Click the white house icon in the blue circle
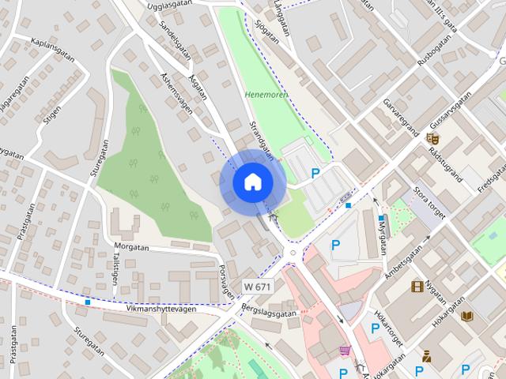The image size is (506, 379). point(252,182)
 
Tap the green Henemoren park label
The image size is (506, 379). point(266,95)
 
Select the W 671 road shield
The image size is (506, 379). point(258,286)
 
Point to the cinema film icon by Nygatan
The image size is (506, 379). point(417,286)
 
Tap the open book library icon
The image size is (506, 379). point(466,316)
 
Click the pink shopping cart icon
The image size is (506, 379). point(345,351)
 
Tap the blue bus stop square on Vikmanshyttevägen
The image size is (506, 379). point(87,302)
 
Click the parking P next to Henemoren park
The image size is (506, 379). point(315,173)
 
